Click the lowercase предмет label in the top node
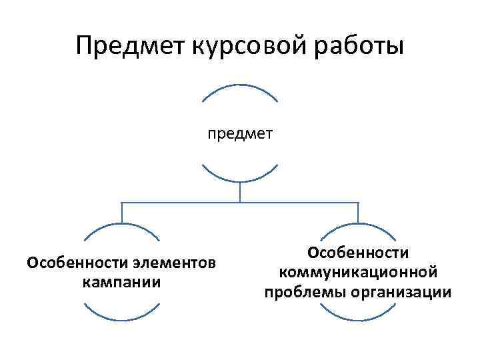[239, 135]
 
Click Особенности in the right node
[358, 253]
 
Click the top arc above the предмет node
[239, 86]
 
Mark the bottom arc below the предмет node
[239, 180]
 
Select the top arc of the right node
[358, 224]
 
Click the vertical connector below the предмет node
[239, 192]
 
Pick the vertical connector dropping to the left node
[122, 212]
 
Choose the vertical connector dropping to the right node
[358, 212]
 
